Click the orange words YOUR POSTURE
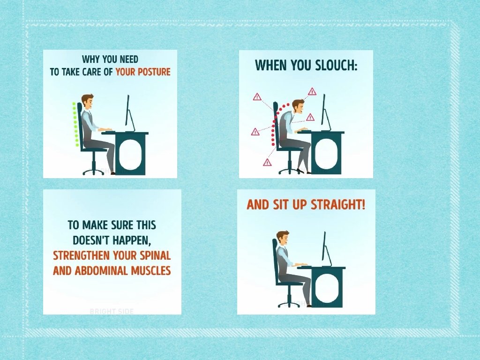click(142, 72)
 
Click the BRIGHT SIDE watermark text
click(112, 311)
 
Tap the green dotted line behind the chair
click(75, 124)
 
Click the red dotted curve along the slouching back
click(277, 122)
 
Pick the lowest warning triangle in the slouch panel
click(267, 162)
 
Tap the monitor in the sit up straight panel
click(326, 249)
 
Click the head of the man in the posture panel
click(87, 102)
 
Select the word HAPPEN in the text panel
click(132, 240)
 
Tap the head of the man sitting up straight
click(283, 238)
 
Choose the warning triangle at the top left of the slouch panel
click(257, 97)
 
